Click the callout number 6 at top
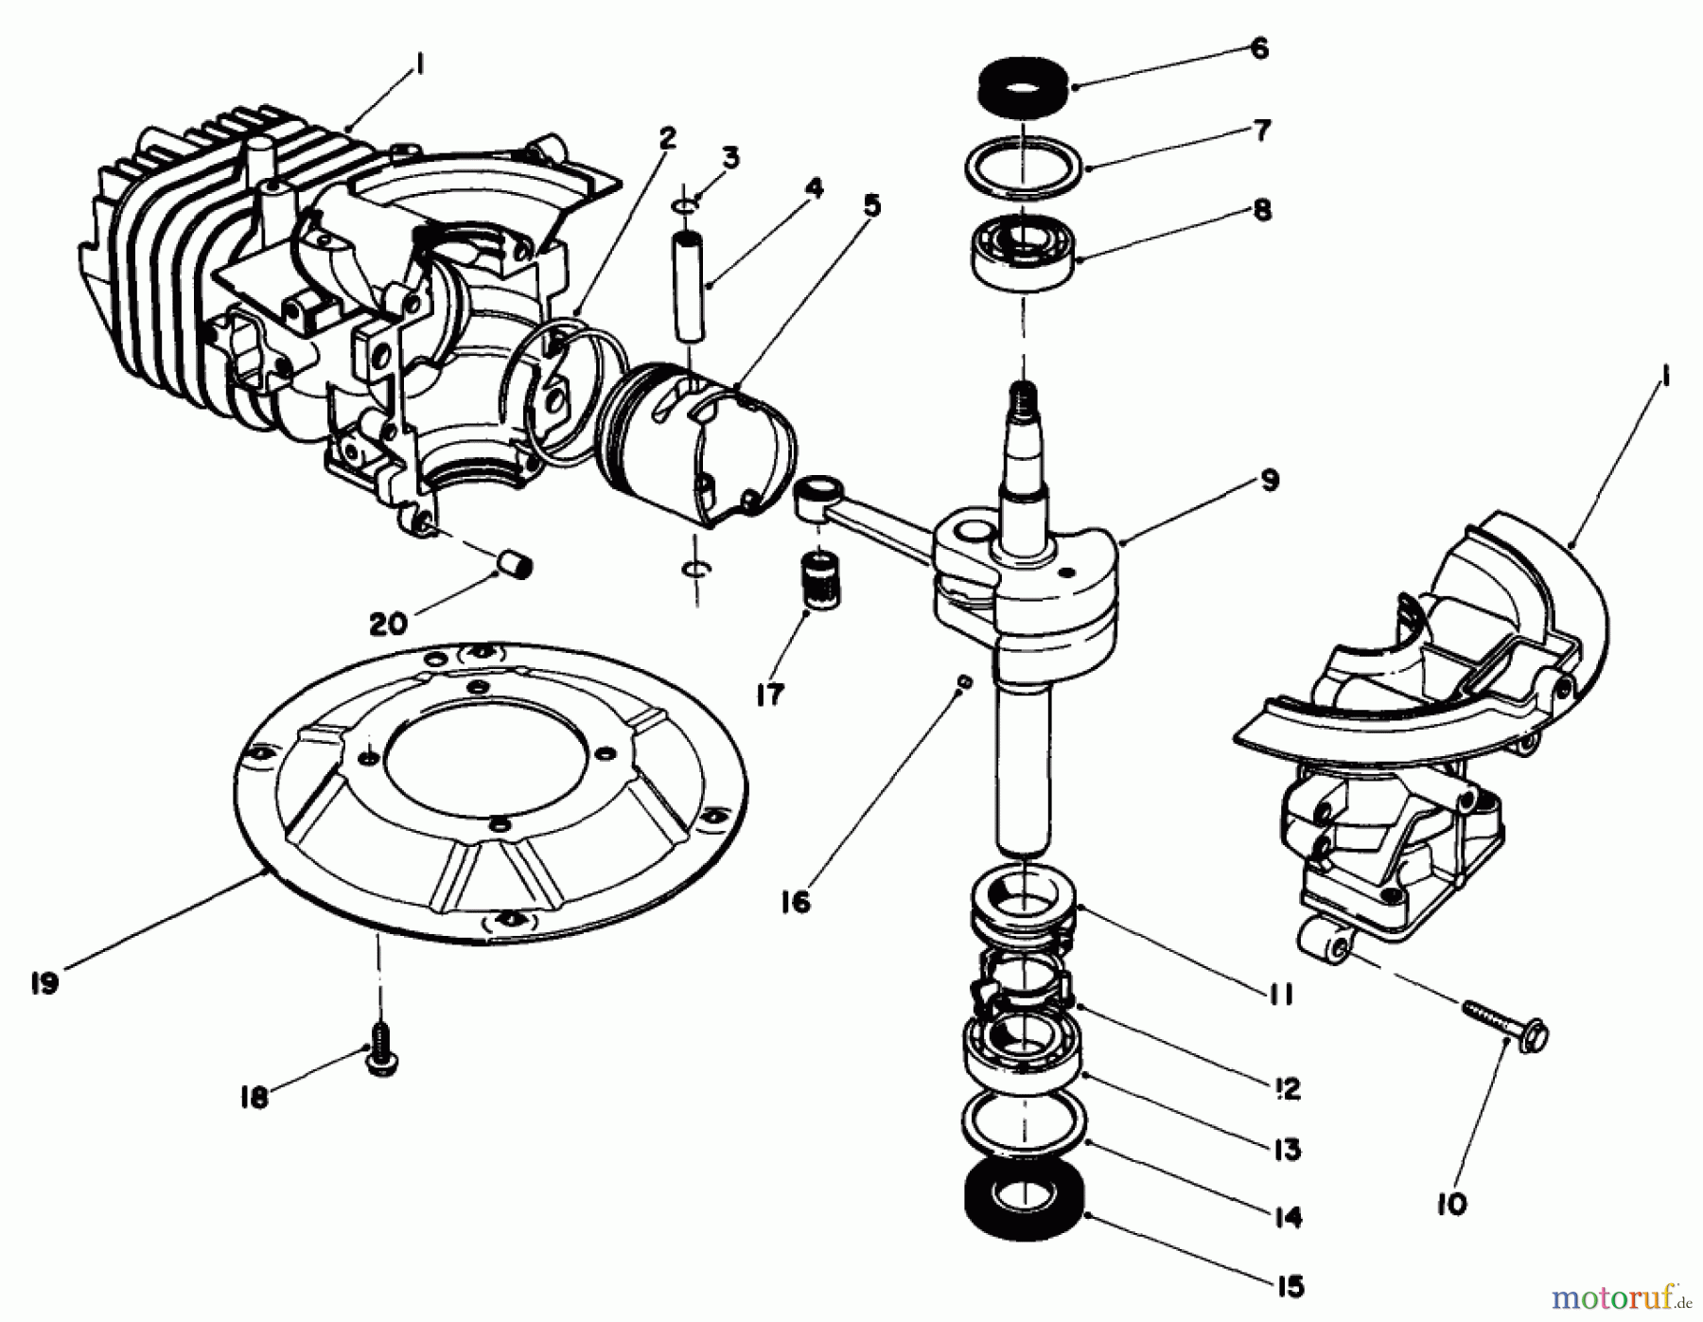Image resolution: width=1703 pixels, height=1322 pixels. (x=1258, y=48)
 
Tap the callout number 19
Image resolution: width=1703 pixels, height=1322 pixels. (x=44, y=983)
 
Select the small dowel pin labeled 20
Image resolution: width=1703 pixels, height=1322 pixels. (x=517, y=567)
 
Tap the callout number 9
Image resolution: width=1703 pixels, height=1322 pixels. (x=1269, y=481)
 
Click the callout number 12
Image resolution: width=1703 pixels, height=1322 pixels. (x=1287, y=1088)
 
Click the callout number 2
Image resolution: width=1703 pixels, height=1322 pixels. (x=668, y=139)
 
